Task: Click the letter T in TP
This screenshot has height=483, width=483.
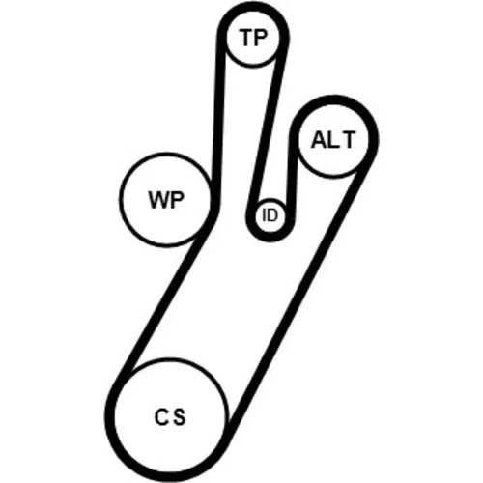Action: (x=246, y=38)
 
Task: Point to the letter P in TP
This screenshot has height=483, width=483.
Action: (x=261, y=38)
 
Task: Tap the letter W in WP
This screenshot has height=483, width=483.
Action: (x=157, y=200)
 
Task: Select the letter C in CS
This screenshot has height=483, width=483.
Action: (x=161, y=416)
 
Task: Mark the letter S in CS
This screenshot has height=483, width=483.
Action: (x=179, y=416)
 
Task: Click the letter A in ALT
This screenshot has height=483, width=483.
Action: (x=319, y=140)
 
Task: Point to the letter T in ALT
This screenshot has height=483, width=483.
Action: (x=348, y=140)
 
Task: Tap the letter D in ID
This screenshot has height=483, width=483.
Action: (x=272, y=215)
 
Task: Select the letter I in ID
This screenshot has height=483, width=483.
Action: (x=265, y=215)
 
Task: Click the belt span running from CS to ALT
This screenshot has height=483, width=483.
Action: (x=298, y=298)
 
